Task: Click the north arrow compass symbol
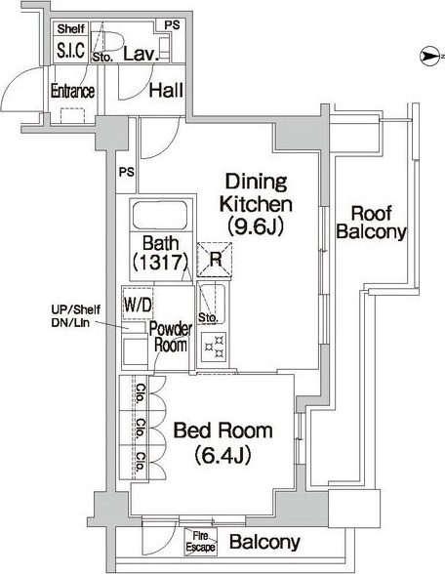429,57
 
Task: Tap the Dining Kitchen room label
256,193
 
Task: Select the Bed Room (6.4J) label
222,443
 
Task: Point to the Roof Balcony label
371,223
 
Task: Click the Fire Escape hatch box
201,542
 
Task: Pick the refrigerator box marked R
215,260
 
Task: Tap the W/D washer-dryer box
138,304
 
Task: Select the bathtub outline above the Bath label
160,215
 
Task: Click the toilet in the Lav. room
106,40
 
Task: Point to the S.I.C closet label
71,50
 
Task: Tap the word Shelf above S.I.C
71,28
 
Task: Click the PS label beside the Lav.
172,25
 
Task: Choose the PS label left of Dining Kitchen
127,172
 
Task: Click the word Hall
166,90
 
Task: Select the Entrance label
72,91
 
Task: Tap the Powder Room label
171,337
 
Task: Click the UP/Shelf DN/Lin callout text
75,316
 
